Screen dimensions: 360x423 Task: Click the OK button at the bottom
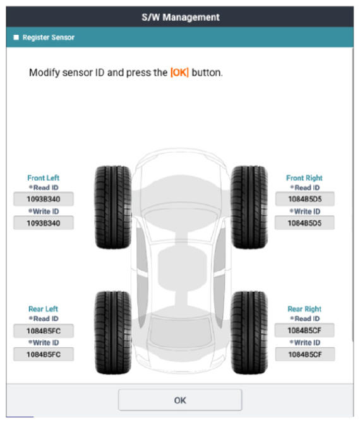point(180,400)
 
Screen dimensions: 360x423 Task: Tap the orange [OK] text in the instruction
point(179,73)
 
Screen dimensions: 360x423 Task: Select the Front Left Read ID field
point(44,199)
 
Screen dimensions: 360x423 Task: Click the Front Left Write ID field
point(44,223)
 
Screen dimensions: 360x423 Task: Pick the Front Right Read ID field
point(304,199)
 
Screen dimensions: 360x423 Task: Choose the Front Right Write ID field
point(304,223)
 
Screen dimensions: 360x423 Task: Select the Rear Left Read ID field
point(44,331)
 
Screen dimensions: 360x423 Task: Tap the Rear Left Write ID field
point(44,354)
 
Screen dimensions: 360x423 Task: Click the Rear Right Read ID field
point(304,330)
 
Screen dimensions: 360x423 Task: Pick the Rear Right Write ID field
point(305,354)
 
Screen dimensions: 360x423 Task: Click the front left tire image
point(113,207)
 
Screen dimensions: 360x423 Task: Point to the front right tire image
point(249,207)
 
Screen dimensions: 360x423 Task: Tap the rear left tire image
point(113,333)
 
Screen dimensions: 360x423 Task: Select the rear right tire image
point(249,333)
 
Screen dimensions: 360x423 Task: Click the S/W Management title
point(181,17)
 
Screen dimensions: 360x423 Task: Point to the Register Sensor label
point(48,37)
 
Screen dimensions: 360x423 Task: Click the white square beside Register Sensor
point(16,37)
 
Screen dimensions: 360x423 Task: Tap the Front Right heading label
point(304,178)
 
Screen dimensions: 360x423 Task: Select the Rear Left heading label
point(43,309)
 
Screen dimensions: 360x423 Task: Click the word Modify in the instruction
point(44,73)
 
